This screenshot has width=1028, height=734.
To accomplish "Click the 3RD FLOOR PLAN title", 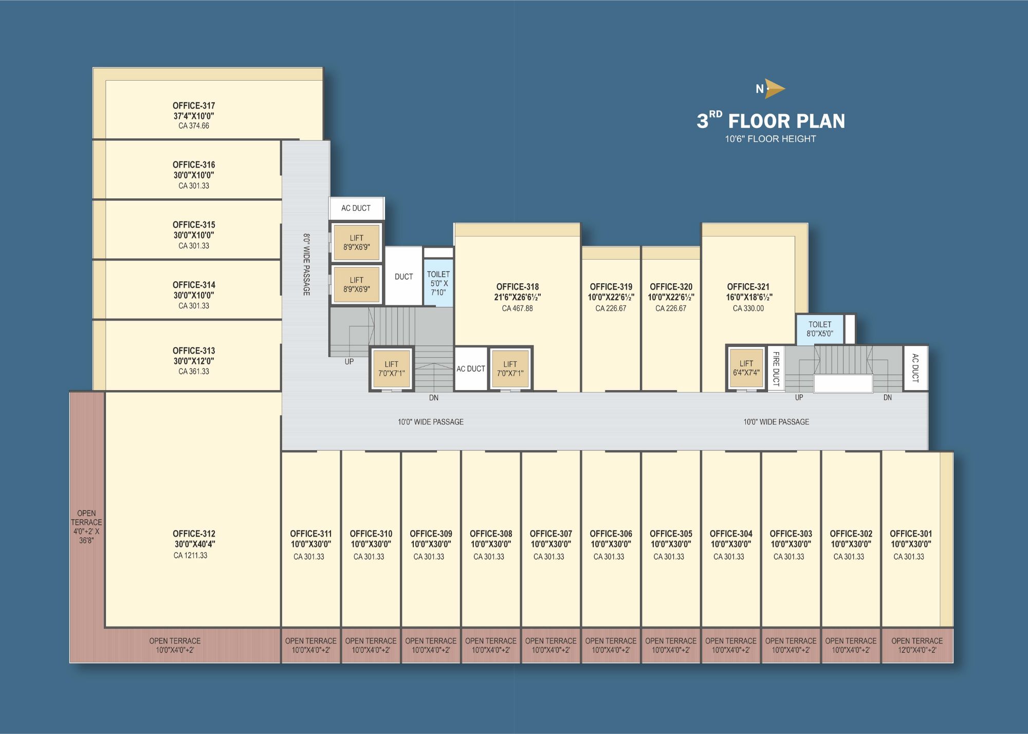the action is point(770,121).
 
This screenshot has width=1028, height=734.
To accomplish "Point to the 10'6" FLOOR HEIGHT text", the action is point(770,139).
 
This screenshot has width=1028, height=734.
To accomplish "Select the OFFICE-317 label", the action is point(194,105).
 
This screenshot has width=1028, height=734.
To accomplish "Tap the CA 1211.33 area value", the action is point(190,555).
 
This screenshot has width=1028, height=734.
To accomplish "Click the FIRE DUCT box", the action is point(776,368).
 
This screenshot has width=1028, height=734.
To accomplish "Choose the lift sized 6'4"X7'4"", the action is point(746,368).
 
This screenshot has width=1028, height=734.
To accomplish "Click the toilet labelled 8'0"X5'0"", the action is point(820,329).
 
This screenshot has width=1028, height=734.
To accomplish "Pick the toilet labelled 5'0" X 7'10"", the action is point(438,283).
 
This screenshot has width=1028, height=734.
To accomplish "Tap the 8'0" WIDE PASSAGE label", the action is point(306,264).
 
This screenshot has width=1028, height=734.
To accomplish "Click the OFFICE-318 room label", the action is point(518,287).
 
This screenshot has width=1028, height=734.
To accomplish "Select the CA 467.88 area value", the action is point(517,308).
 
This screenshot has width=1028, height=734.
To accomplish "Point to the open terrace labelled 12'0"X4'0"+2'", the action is point(917,646).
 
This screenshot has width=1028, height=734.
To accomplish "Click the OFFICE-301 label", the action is point(911,534).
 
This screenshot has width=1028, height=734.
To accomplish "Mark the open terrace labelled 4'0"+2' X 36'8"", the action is point(87,527).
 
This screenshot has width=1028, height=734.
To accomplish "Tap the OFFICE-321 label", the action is point(748,287).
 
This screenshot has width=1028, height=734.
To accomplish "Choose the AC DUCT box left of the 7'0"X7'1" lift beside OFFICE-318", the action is point(471,369).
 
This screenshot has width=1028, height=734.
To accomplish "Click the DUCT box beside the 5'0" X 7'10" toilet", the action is point(404,277).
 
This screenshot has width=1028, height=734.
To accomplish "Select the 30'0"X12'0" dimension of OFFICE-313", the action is point(194,361).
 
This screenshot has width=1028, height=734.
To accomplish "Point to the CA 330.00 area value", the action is point(748,308).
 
